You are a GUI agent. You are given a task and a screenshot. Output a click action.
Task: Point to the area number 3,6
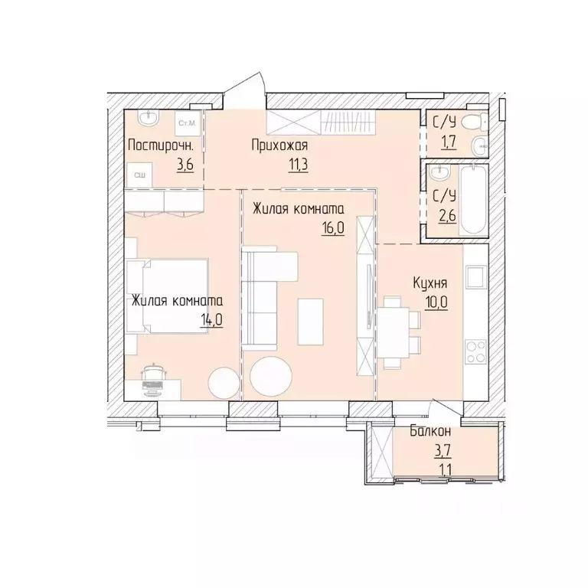tap(185, 165)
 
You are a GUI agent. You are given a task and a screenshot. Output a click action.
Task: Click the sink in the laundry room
tap(149, 118)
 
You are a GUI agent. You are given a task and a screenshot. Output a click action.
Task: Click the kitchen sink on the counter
tap(475, 276)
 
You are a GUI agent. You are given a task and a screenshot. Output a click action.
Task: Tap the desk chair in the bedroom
tap(152, 371)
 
